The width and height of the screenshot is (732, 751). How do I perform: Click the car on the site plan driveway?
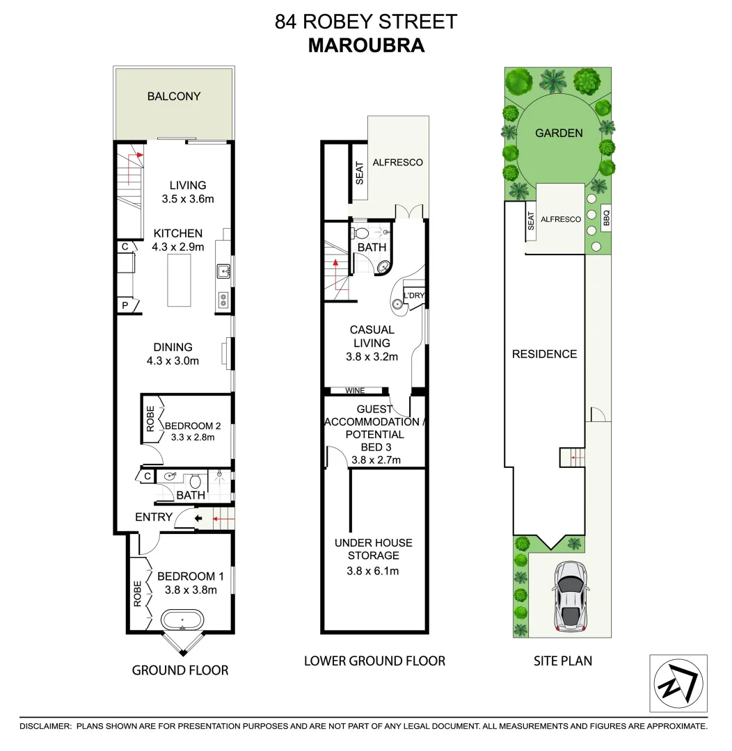pos(570,597)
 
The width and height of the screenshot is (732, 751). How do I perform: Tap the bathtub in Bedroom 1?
pos(182,618)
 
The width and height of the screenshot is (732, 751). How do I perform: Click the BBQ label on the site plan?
pos(606,220)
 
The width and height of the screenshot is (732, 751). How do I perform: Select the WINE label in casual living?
pos(355,391)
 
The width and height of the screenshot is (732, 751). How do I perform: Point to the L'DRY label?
pos(414,296)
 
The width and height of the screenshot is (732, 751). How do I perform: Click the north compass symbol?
pos(678,684)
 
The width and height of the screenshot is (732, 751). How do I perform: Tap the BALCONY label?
pos(174,97)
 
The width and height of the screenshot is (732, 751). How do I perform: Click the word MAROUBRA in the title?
pos(366,45)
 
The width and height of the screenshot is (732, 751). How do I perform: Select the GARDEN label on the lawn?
pos(559,133)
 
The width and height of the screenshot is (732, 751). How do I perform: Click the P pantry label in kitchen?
pos(125,305)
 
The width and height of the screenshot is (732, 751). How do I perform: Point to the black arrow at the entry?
pos(198,518)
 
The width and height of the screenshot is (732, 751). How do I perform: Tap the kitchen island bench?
pos(180,280)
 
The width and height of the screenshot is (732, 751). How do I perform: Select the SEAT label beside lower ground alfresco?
pos(360,172)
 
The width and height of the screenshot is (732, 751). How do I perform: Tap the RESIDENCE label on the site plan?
pos(544,354)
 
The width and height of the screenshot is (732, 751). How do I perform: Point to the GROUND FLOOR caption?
pos(180,670)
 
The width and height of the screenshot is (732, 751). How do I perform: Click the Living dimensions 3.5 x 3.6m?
pos(188,199)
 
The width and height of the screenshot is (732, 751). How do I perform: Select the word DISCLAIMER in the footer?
pos(45,726)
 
